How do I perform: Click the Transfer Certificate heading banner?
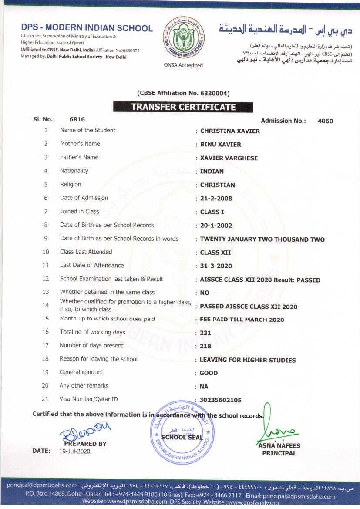click(183, 107)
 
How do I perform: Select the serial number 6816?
click(77, 119)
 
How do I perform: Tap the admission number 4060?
click(325, 121)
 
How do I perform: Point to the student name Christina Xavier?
click(230, 131)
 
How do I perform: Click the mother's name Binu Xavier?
click(220, 145)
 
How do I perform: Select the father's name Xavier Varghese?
click(229, 158)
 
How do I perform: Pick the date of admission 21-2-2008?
click(216, 199)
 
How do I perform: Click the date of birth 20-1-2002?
click(216, 226)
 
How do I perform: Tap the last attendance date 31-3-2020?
click(216, 266)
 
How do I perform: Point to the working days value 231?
click(205, 333)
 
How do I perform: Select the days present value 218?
click(205, 347)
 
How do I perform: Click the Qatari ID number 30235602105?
click(220, 400)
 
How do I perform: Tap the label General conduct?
click(81, 372)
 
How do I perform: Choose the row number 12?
click(46, 279)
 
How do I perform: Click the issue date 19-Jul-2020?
click(74, 452)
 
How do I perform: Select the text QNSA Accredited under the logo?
click(183, 65)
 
